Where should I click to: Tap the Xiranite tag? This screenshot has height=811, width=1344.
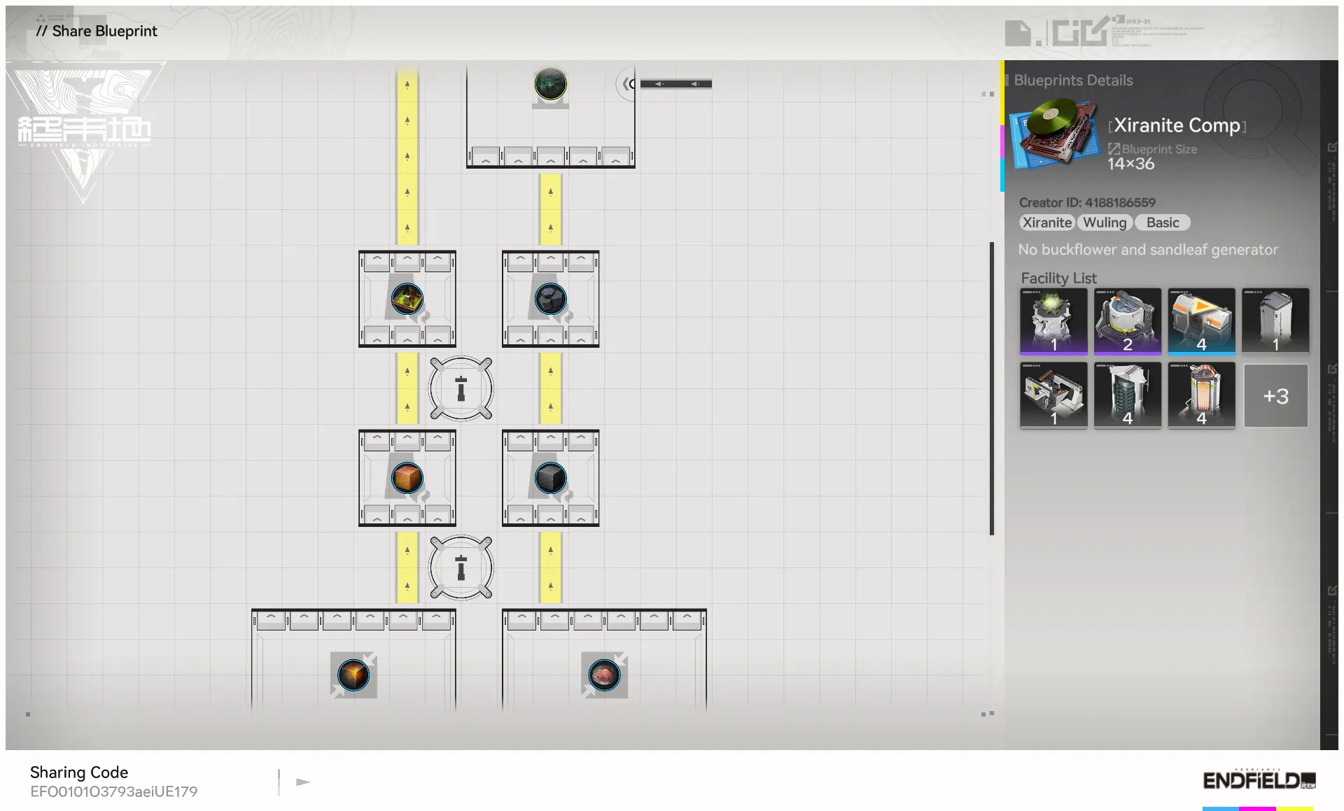[x=1046, y=223]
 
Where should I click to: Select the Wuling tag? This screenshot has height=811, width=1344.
[x=1105, y=223]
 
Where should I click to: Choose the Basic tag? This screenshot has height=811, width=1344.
[x=1163, y=223]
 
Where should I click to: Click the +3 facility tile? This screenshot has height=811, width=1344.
[x=1275, y=396]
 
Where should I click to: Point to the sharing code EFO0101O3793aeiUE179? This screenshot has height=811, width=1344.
[x=113, y=791]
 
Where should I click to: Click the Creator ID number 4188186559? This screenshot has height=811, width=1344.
[x=1120, y=202]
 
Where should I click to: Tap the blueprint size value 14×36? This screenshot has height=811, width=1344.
[x=1130, y=164]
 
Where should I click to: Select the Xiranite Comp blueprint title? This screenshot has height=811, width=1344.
[x=1177, y=125]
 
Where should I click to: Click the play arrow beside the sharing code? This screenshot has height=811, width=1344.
[x=302, y=782]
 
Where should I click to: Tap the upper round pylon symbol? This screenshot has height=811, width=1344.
[x=461, y=388]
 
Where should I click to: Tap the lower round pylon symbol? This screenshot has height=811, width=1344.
[x=461, y=567]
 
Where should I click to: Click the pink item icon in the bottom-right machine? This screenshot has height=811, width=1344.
[x=604, y=675]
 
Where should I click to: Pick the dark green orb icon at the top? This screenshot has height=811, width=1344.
[x=551, y=84]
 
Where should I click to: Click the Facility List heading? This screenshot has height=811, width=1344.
[x=1058, y=278]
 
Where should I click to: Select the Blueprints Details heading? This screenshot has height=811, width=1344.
[x=1073, y=80]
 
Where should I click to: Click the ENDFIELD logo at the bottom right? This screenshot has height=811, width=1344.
[x=1258, y=780]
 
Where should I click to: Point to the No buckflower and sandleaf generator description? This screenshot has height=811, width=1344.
[x=1147, y=250]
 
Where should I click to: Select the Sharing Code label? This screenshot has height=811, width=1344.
[x=79, y=772]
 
